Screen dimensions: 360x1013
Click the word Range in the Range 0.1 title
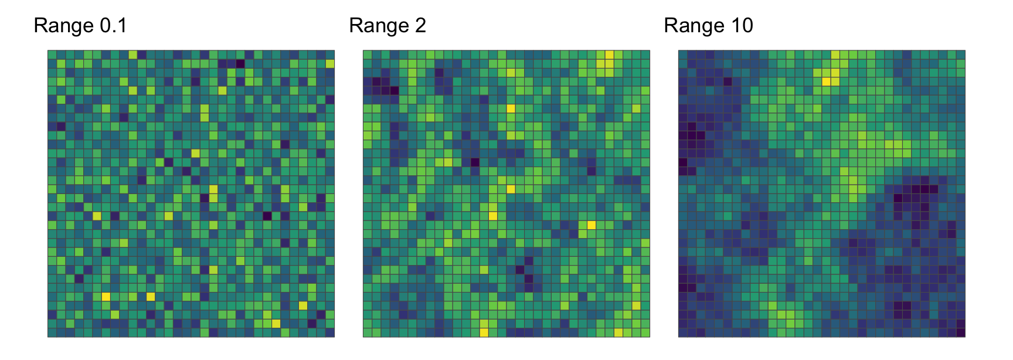pyautogui.click(x=64, y=26)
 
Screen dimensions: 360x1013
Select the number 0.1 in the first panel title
pyautogui.click(x=113, y=26)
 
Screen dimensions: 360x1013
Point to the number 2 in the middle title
pyautogui.click(x=420, y=26)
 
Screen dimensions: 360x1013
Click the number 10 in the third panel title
pyautogui.click(x=742, y=26)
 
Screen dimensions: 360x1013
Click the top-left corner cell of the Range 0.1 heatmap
pyautogui.click(x=52, y=55)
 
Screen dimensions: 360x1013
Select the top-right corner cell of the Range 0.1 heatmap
pyautogui.click(x=330, y=55)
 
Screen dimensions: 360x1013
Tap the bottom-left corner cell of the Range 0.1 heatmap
pyautogui.click(x=52, y=332)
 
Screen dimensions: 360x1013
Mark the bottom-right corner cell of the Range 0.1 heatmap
pyautogui.click(x=330, y=332)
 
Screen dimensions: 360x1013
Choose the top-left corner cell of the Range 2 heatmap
pyautogui.click(x=368, y=55)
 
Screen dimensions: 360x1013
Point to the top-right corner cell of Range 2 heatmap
pyautogui.click(x=645, y=55)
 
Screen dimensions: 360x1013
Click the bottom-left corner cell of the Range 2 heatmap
pyautogui.click(x=368, y=332)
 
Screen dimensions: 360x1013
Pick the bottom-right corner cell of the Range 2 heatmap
pyautogui.click(x=645, y=332)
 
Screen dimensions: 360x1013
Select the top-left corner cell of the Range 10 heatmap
pyautogui.click(x=683, y=55)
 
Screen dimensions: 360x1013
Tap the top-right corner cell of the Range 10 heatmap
pyautogui.click(x=961, y=55)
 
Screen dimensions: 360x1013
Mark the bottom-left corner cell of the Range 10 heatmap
pyautogui.click(x=683, y=332)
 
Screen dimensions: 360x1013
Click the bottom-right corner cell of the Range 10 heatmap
pyautogui.click(x=961, y=332)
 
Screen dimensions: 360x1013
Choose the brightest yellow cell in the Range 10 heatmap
pyautogui.click(x=827, y=81)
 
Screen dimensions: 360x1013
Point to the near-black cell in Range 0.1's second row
pyautogui.click(x=240, y=63)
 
